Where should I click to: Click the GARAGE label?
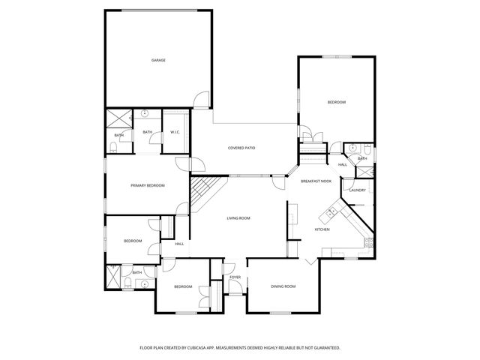[157, 60]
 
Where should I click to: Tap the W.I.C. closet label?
[175, 133]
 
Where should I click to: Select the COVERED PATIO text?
[241, 148]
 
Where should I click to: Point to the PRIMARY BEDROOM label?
[147, 185]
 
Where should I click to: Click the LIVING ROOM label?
[238, 218]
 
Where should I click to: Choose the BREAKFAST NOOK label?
[316, 181]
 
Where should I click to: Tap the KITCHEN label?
[322, 229]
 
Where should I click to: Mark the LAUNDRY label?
[357, 190]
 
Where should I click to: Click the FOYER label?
[235, 277]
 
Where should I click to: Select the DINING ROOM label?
[283, 286]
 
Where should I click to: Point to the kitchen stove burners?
[368, 241]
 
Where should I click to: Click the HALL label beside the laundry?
[342, 165]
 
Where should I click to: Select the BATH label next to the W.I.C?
[148, 133]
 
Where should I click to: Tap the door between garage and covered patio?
[198, 100]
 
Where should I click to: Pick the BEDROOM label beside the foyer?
[184, 286]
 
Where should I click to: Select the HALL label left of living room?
[179, 244]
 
